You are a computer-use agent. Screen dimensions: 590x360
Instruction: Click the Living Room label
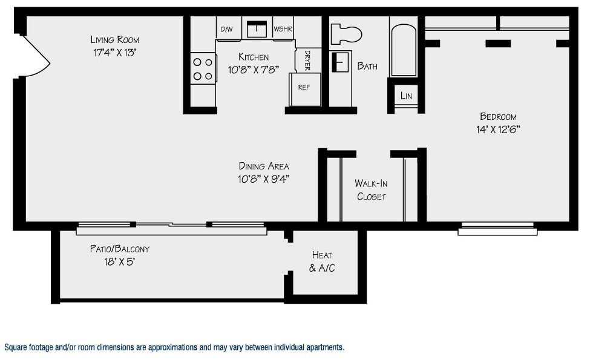[x=115, y=39]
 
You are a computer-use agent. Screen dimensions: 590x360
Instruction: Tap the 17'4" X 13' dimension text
[x=114, y=52]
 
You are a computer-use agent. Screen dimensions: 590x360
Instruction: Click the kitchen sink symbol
[x=257, y=28]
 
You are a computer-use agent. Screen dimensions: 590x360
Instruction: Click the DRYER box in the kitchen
[x=308, y=60]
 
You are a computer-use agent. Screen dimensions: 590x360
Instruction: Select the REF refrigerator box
[x=305, y=90]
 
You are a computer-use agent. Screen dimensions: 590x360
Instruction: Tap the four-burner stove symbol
[x=203, y=68]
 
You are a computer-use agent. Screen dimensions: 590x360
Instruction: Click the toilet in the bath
[x=346, y=34]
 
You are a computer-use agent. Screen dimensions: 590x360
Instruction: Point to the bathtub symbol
[x=404, y=50]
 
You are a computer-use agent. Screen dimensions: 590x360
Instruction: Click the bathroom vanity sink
[x=341, y=62]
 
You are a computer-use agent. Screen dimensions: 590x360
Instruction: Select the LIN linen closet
[x=406, y=96]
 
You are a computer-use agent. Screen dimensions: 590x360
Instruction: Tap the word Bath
[x=367, y=66]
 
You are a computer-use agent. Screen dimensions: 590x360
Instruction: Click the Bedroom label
[x=498, y=116]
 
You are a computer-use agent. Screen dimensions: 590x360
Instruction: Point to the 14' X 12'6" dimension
[x=498, y=129]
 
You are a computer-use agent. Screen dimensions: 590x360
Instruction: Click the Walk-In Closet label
[x=371, y=190]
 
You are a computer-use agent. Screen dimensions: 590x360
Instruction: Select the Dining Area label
[x=264, y=166]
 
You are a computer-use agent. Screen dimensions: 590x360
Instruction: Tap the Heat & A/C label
[x=322, y=261]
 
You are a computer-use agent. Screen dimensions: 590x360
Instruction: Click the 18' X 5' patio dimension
[x=119, y=261]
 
